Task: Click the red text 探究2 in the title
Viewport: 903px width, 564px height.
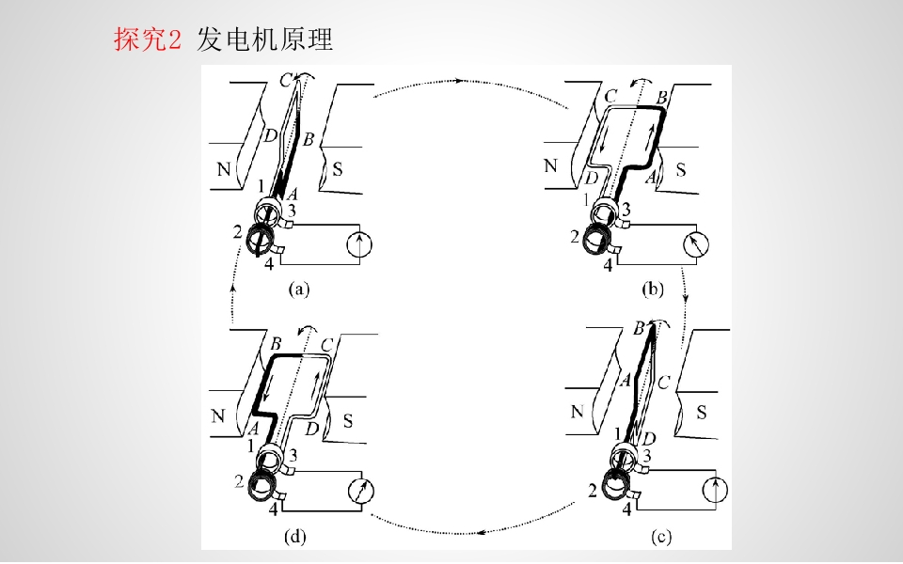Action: [x=148, y=39]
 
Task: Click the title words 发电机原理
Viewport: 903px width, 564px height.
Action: [x=265, y=39]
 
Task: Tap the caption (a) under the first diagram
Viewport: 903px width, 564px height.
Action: [x=299, y=289]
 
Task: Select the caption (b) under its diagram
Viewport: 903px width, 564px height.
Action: [x=653, y=289]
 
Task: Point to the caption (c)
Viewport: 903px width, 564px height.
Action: [x=661, y=537]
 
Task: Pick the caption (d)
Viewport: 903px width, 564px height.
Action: [x=294, y=537]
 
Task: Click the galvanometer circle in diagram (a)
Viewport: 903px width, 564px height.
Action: [x=359, y=244]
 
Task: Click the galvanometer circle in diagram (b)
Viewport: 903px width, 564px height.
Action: [x=696, y=244]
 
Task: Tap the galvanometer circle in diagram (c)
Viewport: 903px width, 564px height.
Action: [x=715, y=491]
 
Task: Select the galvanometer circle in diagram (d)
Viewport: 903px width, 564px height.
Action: [x=361, y=492]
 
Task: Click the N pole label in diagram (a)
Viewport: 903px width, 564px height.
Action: [x=224, y=169]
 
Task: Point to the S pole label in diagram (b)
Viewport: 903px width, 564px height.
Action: [x=681, y=170]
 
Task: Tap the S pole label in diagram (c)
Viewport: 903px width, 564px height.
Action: [x=701, y=412]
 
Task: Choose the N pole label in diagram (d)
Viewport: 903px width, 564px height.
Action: [x=217, y=415]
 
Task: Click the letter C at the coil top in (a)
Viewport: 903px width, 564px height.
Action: [x=286, y=81]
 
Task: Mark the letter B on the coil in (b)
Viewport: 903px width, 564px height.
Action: [x=661, y=97]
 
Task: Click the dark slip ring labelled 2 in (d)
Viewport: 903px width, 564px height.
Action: [x=262, y=485]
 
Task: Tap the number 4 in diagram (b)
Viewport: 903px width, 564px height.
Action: [x=609, y=265]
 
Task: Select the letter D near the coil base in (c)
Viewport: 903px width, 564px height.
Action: [x=649, y=439]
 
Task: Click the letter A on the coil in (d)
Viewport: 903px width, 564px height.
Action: [x=252, y=429]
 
